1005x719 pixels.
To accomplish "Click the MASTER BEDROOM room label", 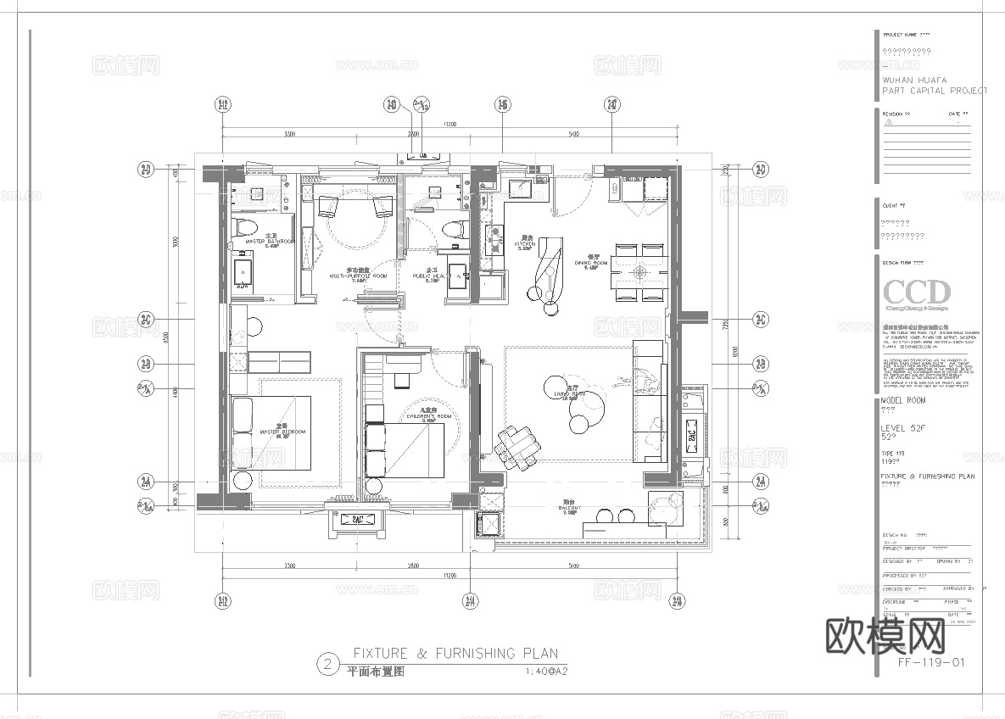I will pyautogui.click(x=282, y=432).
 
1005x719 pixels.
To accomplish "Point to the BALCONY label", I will pyautogui.click(x=569, y=510).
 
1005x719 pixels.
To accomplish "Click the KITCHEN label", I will pyautogui.click(x=527, y=244).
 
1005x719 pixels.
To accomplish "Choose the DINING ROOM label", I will pyautogui.click(x=591, y=263).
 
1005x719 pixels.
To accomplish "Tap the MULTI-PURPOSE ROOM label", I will pyautogui.click(x=358, y=276).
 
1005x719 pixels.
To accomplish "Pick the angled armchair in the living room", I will pyautogui.click(x=517, y=445).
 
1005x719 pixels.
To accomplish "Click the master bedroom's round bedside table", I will pyautogui.click(x=242, y=481).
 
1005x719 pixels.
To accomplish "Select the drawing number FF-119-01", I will pyautogui.click(x=930, y=662).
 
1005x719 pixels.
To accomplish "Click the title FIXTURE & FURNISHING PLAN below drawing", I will pyautogui.click(x=455, y=653).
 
